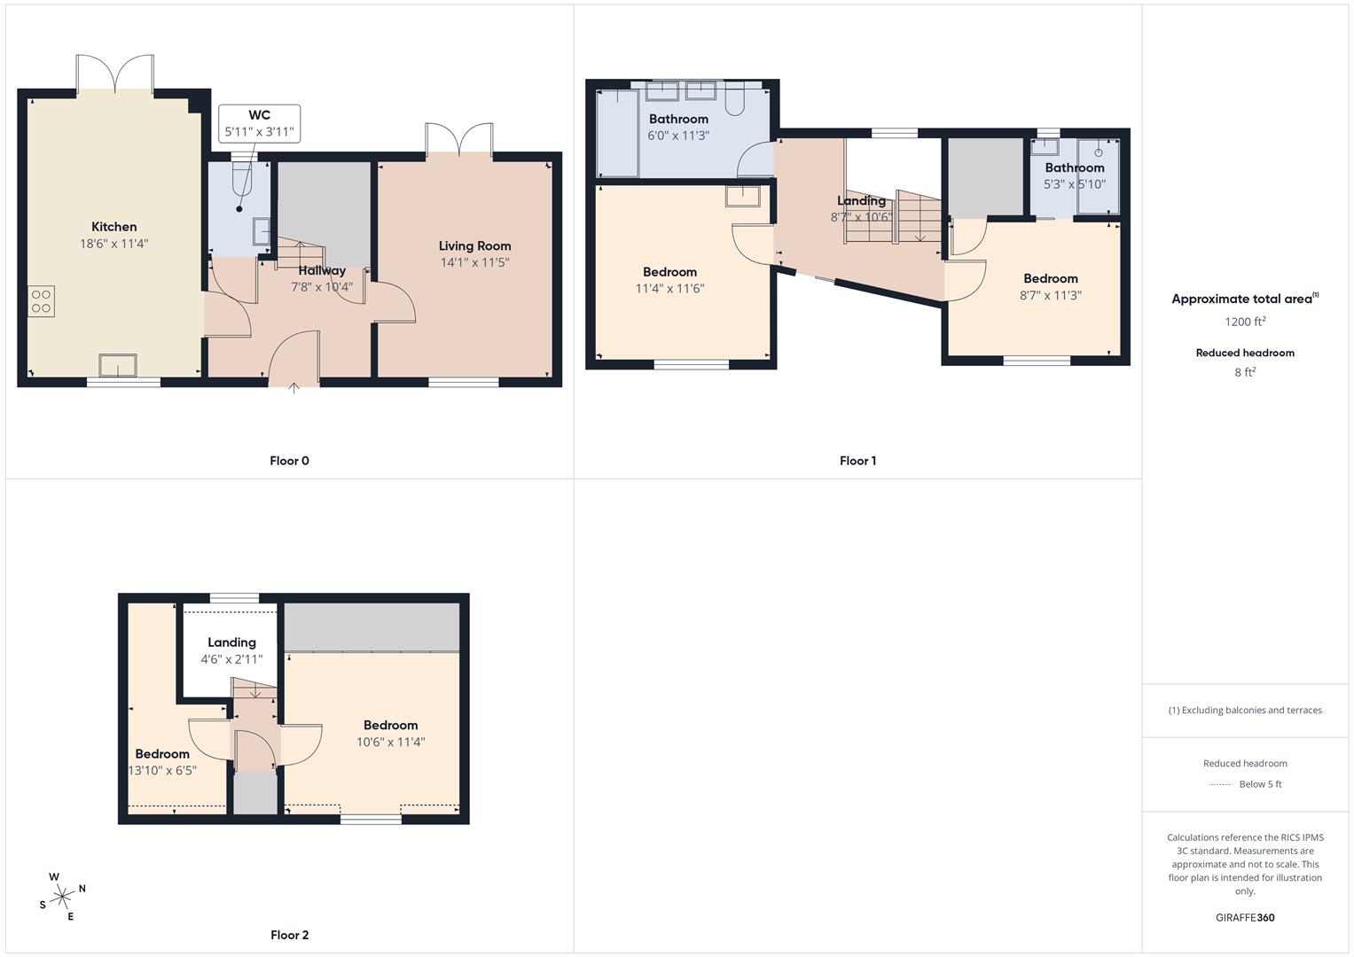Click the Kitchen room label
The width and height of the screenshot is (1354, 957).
(x=113, y=227)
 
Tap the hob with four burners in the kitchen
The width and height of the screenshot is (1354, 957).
(x=42, y=301)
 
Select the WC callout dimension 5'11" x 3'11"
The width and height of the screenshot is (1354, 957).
(x=259, y=133)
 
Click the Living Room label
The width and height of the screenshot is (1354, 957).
(x=474, y=246)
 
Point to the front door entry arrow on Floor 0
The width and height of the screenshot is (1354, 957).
(x=294, y=385)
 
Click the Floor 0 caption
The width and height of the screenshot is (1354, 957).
(x=289, y=461)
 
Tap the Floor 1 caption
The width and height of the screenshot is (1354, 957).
(x=857, y=461)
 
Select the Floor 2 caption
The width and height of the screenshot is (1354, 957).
(x=289, y=935)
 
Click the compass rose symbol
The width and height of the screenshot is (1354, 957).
(x=62, y=897)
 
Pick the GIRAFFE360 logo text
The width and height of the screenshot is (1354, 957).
(x=1245, y=917)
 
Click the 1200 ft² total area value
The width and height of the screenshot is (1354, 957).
(x=1245, y=322)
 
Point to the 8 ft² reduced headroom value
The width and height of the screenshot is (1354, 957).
(x=1245, y=372)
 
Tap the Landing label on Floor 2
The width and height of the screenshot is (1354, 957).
(x=231, y=642)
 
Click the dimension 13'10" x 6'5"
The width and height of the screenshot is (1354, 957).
(x=162, y=771)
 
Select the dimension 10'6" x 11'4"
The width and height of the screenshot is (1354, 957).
(x=390, y=743)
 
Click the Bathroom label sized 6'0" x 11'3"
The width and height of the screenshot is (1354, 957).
(x=678, y=120)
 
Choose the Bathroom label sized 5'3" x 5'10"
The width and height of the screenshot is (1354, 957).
(x=1074, y=167)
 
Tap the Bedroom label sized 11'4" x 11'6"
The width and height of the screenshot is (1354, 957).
(x=669, y=272)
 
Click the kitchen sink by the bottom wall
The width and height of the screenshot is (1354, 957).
(x=118, y=364)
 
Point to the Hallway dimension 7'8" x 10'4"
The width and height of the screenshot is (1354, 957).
(x=322, y=287)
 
